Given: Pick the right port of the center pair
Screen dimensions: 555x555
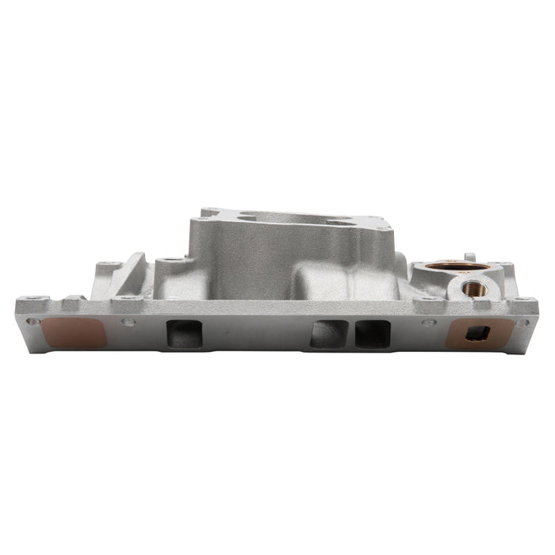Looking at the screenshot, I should (x=372, y=333).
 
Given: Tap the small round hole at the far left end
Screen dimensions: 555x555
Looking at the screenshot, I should (x=32, y=322).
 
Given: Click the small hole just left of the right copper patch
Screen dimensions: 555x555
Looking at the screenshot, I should (x=429, y=322).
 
